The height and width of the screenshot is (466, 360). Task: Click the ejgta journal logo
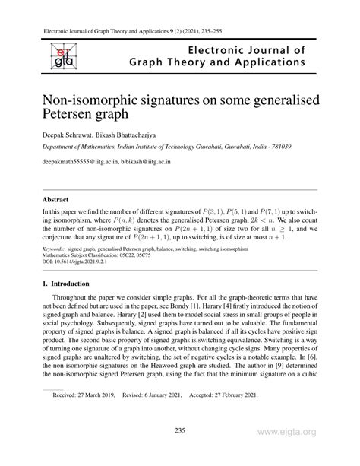click(x=58, y=56)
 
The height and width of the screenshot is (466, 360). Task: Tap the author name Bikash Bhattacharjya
click(x=142, y=134)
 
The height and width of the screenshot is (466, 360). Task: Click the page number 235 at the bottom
click(x=180, y=431)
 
